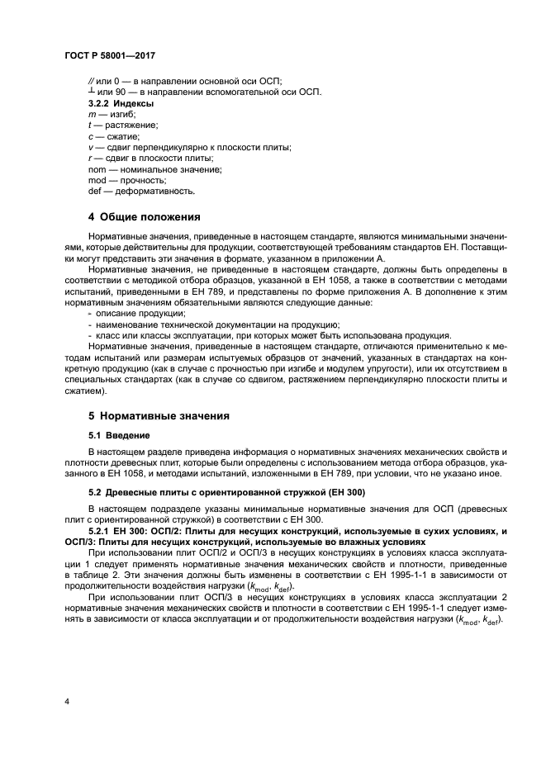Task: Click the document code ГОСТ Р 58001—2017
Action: [x=110, y=55]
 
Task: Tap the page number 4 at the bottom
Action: [x=66, y=702]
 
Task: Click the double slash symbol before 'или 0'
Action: [x=91, y=80]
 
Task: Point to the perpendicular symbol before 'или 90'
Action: [x=91, y=91]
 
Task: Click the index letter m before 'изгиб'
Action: [x=91, y=114]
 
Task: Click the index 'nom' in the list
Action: [x=97, y=168]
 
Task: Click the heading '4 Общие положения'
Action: [x=145, y=218]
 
